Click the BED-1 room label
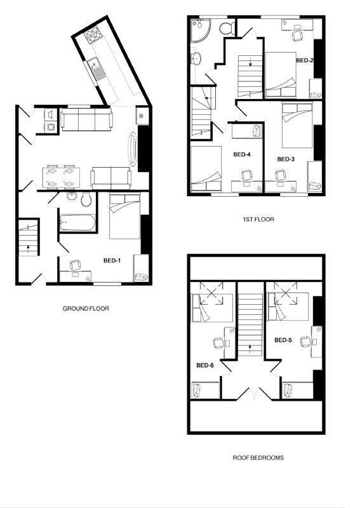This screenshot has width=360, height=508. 112,260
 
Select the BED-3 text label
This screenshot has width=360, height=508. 286,159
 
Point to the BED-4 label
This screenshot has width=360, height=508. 242,154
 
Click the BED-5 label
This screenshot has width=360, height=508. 283,340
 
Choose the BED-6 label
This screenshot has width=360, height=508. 204,365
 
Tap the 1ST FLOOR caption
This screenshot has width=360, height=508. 258,219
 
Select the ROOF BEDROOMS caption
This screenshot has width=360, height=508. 258,457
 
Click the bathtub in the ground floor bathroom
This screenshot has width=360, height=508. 76,223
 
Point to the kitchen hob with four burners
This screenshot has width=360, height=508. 93,34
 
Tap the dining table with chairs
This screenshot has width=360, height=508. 61,177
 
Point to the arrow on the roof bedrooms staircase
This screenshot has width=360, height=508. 251,348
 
